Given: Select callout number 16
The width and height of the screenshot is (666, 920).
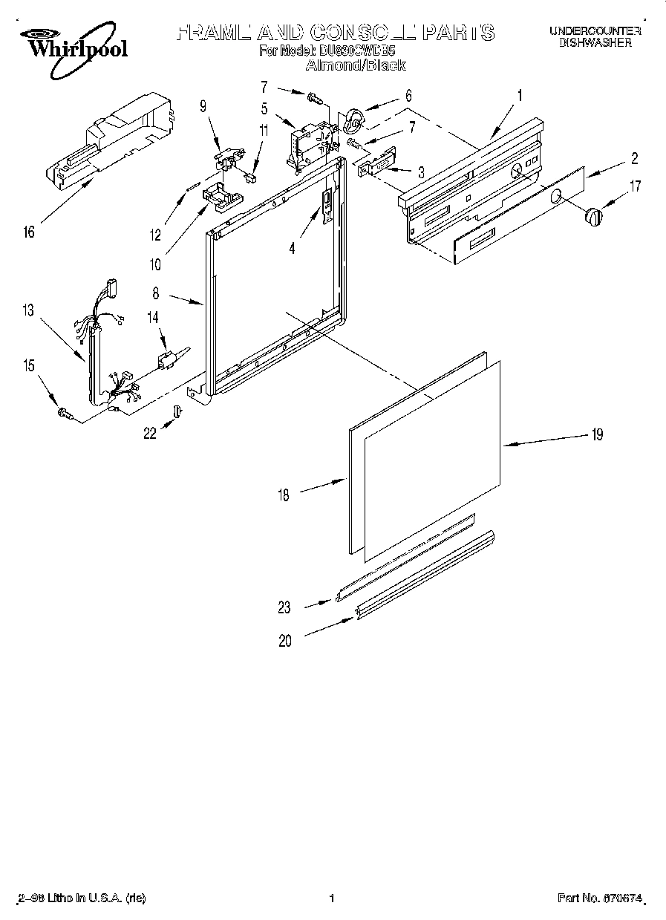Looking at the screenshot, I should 29,233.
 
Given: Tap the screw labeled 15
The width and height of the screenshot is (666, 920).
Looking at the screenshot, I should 63,413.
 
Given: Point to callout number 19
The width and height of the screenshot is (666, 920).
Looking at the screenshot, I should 597,435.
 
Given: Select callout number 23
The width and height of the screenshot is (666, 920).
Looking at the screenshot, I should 285,607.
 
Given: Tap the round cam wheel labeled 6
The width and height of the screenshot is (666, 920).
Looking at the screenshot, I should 354,120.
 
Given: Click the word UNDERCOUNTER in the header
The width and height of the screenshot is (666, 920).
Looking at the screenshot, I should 595,30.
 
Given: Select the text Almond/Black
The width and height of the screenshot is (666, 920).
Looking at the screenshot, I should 356,65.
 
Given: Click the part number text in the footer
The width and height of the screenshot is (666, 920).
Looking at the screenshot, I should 600,898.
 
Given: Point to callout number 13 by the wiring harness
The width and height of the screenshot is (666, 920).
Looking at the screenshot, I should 28,311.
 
